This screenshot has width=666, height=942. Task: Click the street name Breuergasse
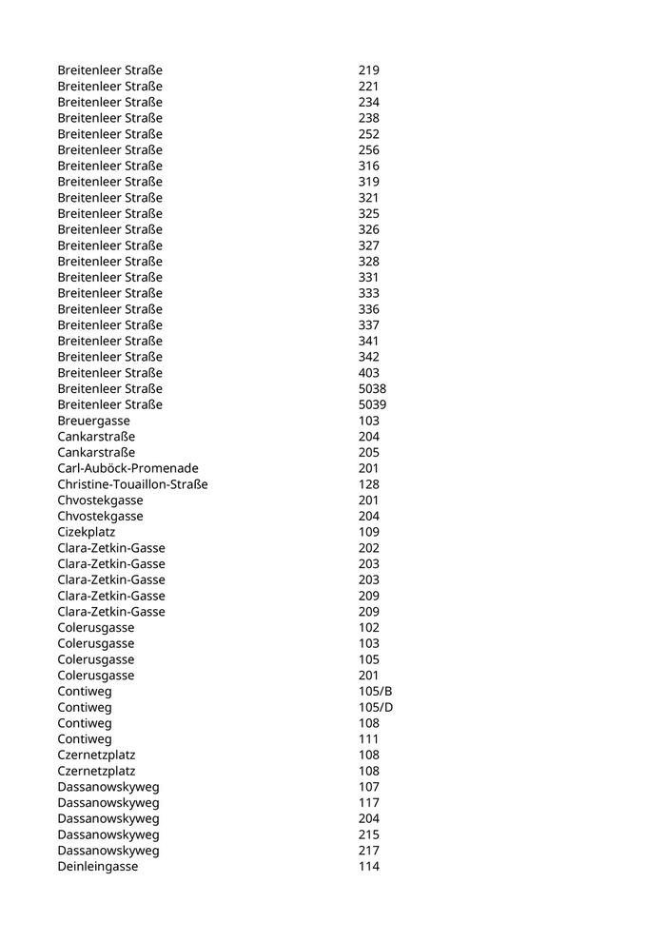[93, 421]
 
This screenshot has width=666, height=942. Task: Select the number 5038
[372, 389]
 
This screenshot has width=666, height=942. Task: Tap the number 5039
[372, 404]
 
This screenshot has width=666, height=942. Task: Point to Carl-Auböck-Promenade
[127, 468]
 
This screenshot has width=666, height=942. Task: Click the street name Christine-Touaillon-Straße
[132, 484]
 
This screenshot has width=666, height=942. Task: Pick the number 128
[368, 484]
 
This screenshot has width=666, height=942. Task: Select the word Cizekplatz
[86, 532]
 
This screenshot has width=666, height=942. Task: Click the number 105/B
[375, 691]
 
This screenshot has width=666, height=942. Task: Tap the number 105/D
[375, 707]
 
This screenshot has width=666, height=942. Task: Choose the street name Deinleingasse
[97, 866]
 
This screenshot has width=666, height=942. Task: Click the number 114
[368, 866]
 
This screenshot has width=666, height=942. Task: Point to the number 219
[368, 70]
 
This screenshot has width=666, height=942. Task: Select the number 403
[368, 373]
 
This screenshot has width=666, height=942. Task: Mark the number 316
[368, 166]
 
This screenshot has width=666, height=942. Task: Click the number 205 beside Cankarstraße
[368, 452]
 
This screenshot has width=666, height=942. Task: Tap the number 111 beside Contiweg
[368, 738]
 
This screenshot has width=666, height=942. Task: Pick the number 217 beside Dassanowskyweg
[368, 850]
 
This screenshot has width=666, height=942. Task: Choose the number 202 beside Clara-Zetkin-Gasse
[368, 548]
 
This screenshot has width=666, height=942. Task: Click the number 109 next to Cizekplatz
[368, 532]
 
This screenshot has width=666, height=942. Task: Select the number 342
[368, 357]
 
